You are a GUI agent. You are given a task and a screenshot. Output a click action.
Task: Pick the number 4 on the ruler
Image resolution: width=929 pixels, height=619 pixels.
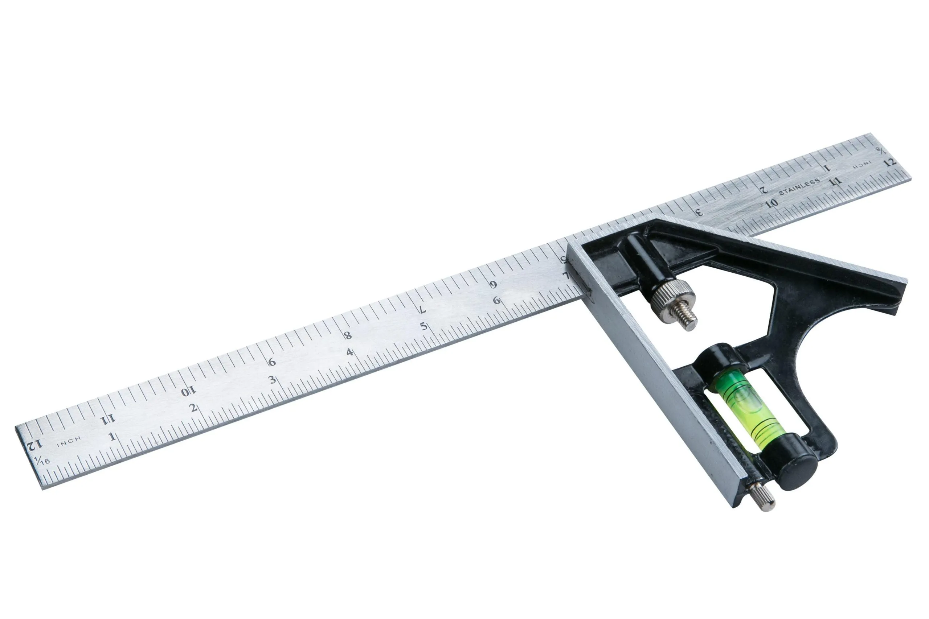click(x=349, y=352)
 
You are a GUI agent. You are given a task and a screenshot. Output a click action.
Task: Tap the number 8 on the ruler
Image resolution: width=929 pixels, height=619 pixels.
click(x=348, y=335)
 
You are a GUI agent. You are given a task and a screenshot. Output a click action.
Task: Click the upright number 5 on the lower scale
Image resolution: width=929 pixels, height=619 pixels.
click(x=423, y=326)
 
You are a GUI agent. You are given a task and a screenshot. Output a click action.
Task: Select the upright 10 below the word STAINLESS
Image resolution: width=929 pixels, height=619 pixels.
click(x=771, y=203)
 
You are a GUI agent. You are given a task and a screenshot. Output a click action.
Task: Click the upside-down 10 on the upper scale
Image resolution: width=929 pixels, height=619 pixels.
click(x=188, y=392)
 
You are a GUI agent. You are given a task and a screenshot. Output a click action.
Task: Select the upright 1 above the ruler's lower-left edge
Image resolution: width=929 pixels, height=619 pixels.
click(x=112, y=437)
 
